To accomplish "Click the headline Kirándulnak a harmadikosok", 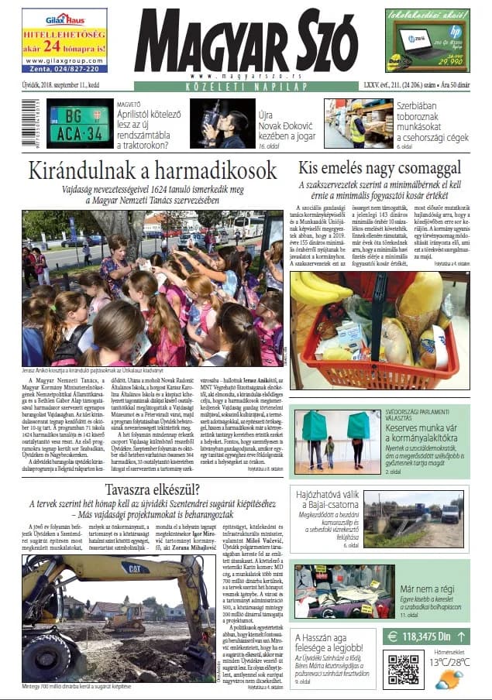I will click(x=152, y=171).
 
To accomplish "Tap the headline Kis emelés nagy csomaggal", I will click(x=380, y=167).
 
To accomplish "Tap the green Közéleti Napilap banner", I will click(x=246, y=87).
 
